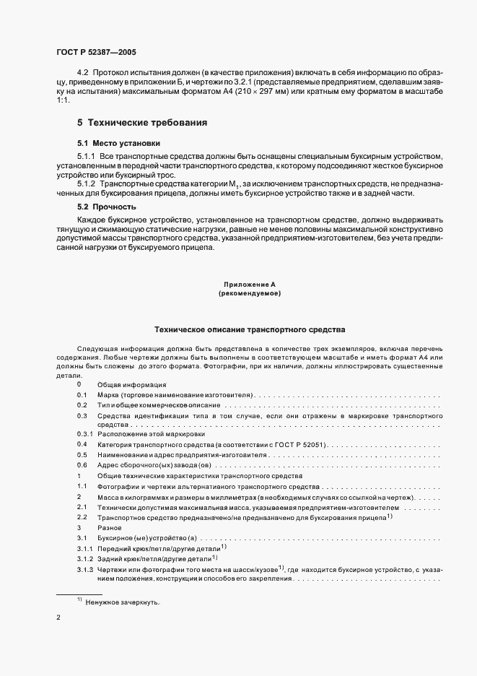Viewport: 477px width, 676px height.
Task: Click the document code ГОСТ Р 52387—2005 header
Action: [97, 53]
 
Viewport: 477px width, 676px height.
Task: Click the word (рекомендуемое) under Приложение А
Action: [249, 294]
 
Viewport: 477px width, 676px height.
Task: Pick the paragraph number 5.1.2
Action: [87, 184]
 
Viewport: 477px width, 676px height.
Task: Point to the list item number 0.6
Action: [82, 466]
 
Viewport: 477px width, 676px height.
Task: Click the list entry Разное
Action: [110, 529]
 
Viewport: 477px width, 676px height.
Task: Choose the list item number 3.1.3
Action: [85, 571]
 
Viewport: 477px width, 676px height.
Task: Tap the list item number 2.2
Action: [82, 518]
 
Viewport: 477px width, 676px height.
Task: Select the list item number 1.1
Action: [82, 487]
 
